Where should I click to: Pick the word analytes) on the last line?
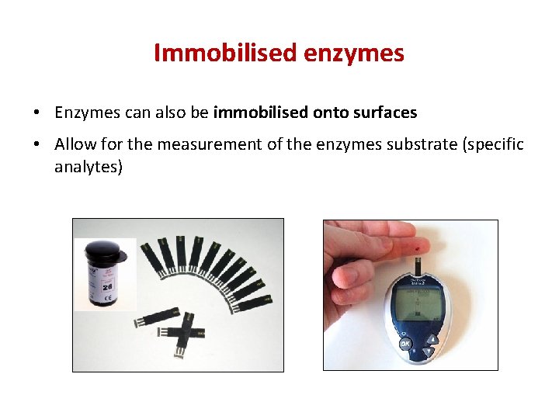(89, 166)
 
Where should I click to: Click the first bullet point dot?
(36, 113)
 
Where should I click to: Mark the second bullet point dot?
(36, 145)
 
